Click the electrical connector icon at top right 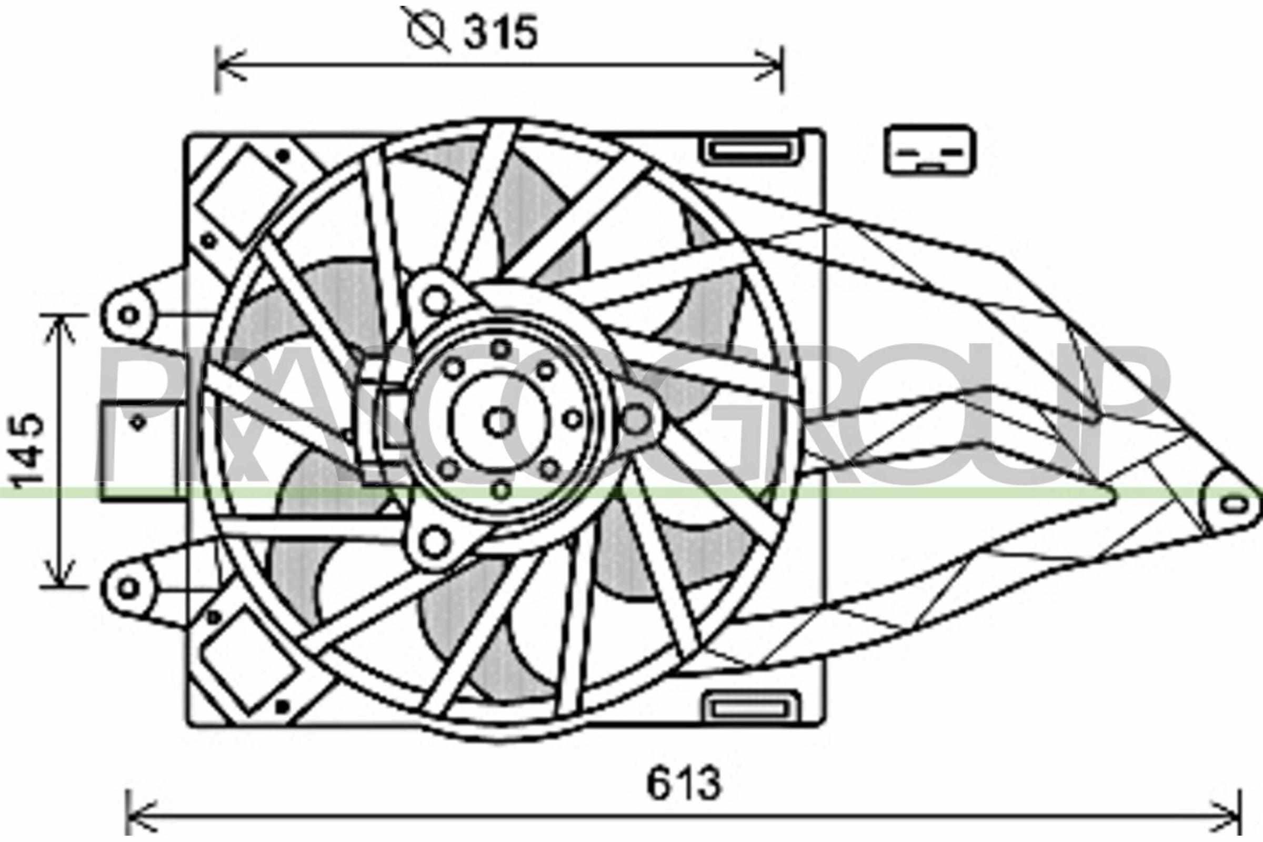929,150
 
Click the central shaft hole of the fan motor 500,421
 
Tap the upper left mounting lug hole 128,315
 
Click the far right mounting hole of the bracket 1231,504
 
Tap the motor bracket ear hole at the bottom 434,542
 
